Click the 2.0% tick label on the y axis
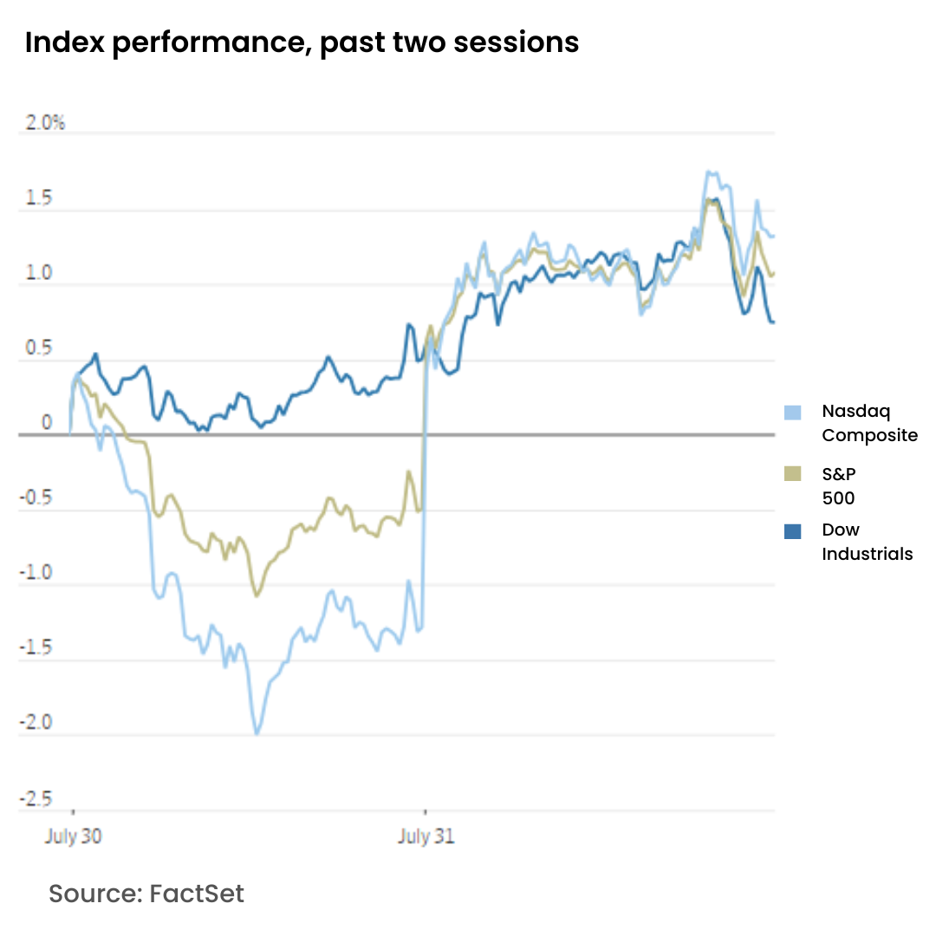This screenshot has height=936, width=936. [46, 123]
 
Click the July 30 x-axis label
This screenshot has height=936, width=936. [73, 837]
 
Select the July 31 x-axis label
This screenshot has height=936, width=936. [426, 837]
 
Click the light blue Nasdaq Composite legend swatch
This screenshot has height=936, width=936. [792, 413]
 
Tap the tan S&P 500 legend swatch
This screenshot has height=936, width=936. [792, 473]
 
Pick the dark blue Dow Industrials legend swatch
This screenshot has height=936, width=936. [792, 531]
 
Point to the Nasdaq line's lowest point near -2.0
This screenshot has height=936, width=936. [257, 733]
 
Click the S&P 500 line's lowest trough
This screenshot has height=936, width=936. [257, 595]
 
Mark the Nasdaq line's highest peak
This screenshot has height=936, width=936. [708, 172]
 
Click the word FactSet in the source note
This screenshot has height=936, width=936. [197, 894]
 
